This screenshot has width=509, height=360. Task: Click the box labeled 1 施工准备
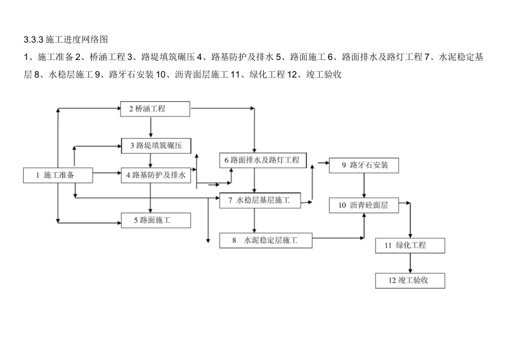(58, 175)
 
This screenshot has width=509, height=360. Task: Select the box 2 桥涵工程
(155, 109)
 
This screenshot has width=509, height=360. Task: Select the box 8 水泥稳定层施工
(266, 241)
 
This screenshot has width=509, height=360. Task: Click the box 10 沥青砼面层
(364, 205)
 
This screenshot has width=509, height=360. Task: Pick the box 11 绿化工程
(410, 245)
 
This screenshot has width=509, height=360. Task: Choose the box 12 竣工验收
(410, 280)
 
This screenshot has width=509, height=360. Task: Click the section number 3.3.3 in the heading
(34, 40)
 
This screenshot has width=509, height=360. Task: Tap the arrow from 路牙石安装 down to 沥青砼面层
(364, 185)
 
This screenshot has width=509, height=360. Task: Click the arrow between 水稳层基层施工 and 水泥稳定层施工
(254, 220)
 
